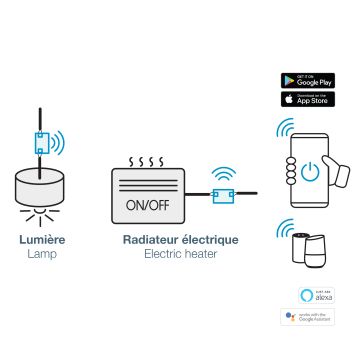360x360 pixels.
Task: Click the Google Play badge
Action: [x=307, y=80]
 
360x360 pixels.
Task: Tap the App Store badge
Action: [x=307, y=99]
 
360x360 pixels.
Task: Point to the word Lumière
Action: [x=43, y=240]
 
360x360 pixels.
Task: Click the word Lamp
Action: [x=43, y=255]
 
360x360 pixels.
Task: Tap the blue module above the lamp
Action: [x=41, y=144]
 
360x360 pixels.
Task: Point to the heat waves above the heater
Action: [x=148, y=160]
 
